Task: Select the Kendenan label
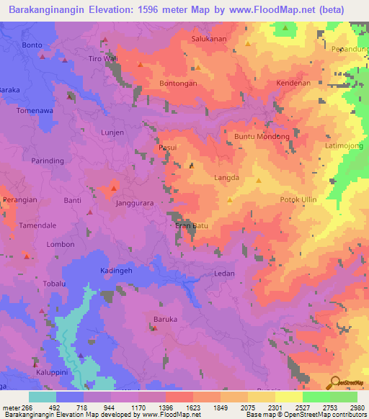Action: [293, 84]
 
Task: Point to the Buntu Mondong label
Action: [262, 136]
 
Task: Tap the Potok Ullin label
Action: [298, 199]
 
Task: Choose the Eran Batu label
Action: [192, 226]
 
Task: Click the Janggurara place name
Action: [135, 204]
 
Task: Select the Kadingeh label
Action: [115, 270]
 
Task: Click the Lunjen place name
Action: [113, 132]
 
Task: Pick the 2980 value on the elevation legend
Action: [356, 407]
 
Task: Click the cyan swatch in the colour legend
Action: [43, 397]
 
